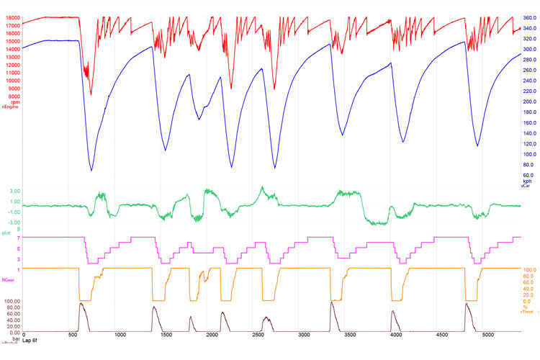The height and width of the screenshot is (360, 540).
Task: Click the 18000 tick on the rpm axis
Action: point(12,17)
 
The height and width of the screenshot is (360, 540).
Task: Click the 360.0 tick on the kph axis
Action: point(528,17)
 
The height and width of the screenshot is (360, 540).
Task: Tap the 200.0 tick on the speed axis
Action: point(528,102)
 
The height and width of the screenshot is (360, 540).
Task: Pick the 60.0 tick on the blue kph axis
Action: point(528,175)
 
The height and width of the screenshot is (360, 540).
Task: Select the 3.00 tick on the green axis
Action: point(13,191)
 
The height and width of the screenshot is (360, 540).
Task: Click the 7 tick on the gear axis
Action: point(17,237)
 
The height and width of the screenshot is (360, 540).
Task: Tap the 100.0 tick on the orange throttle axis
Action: point(529,269)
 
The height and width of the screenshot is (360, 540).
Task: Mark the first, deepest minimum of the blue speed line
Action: point(91,170)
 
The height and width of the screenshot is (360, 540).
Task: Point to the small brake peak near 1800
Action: point(191,318)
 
